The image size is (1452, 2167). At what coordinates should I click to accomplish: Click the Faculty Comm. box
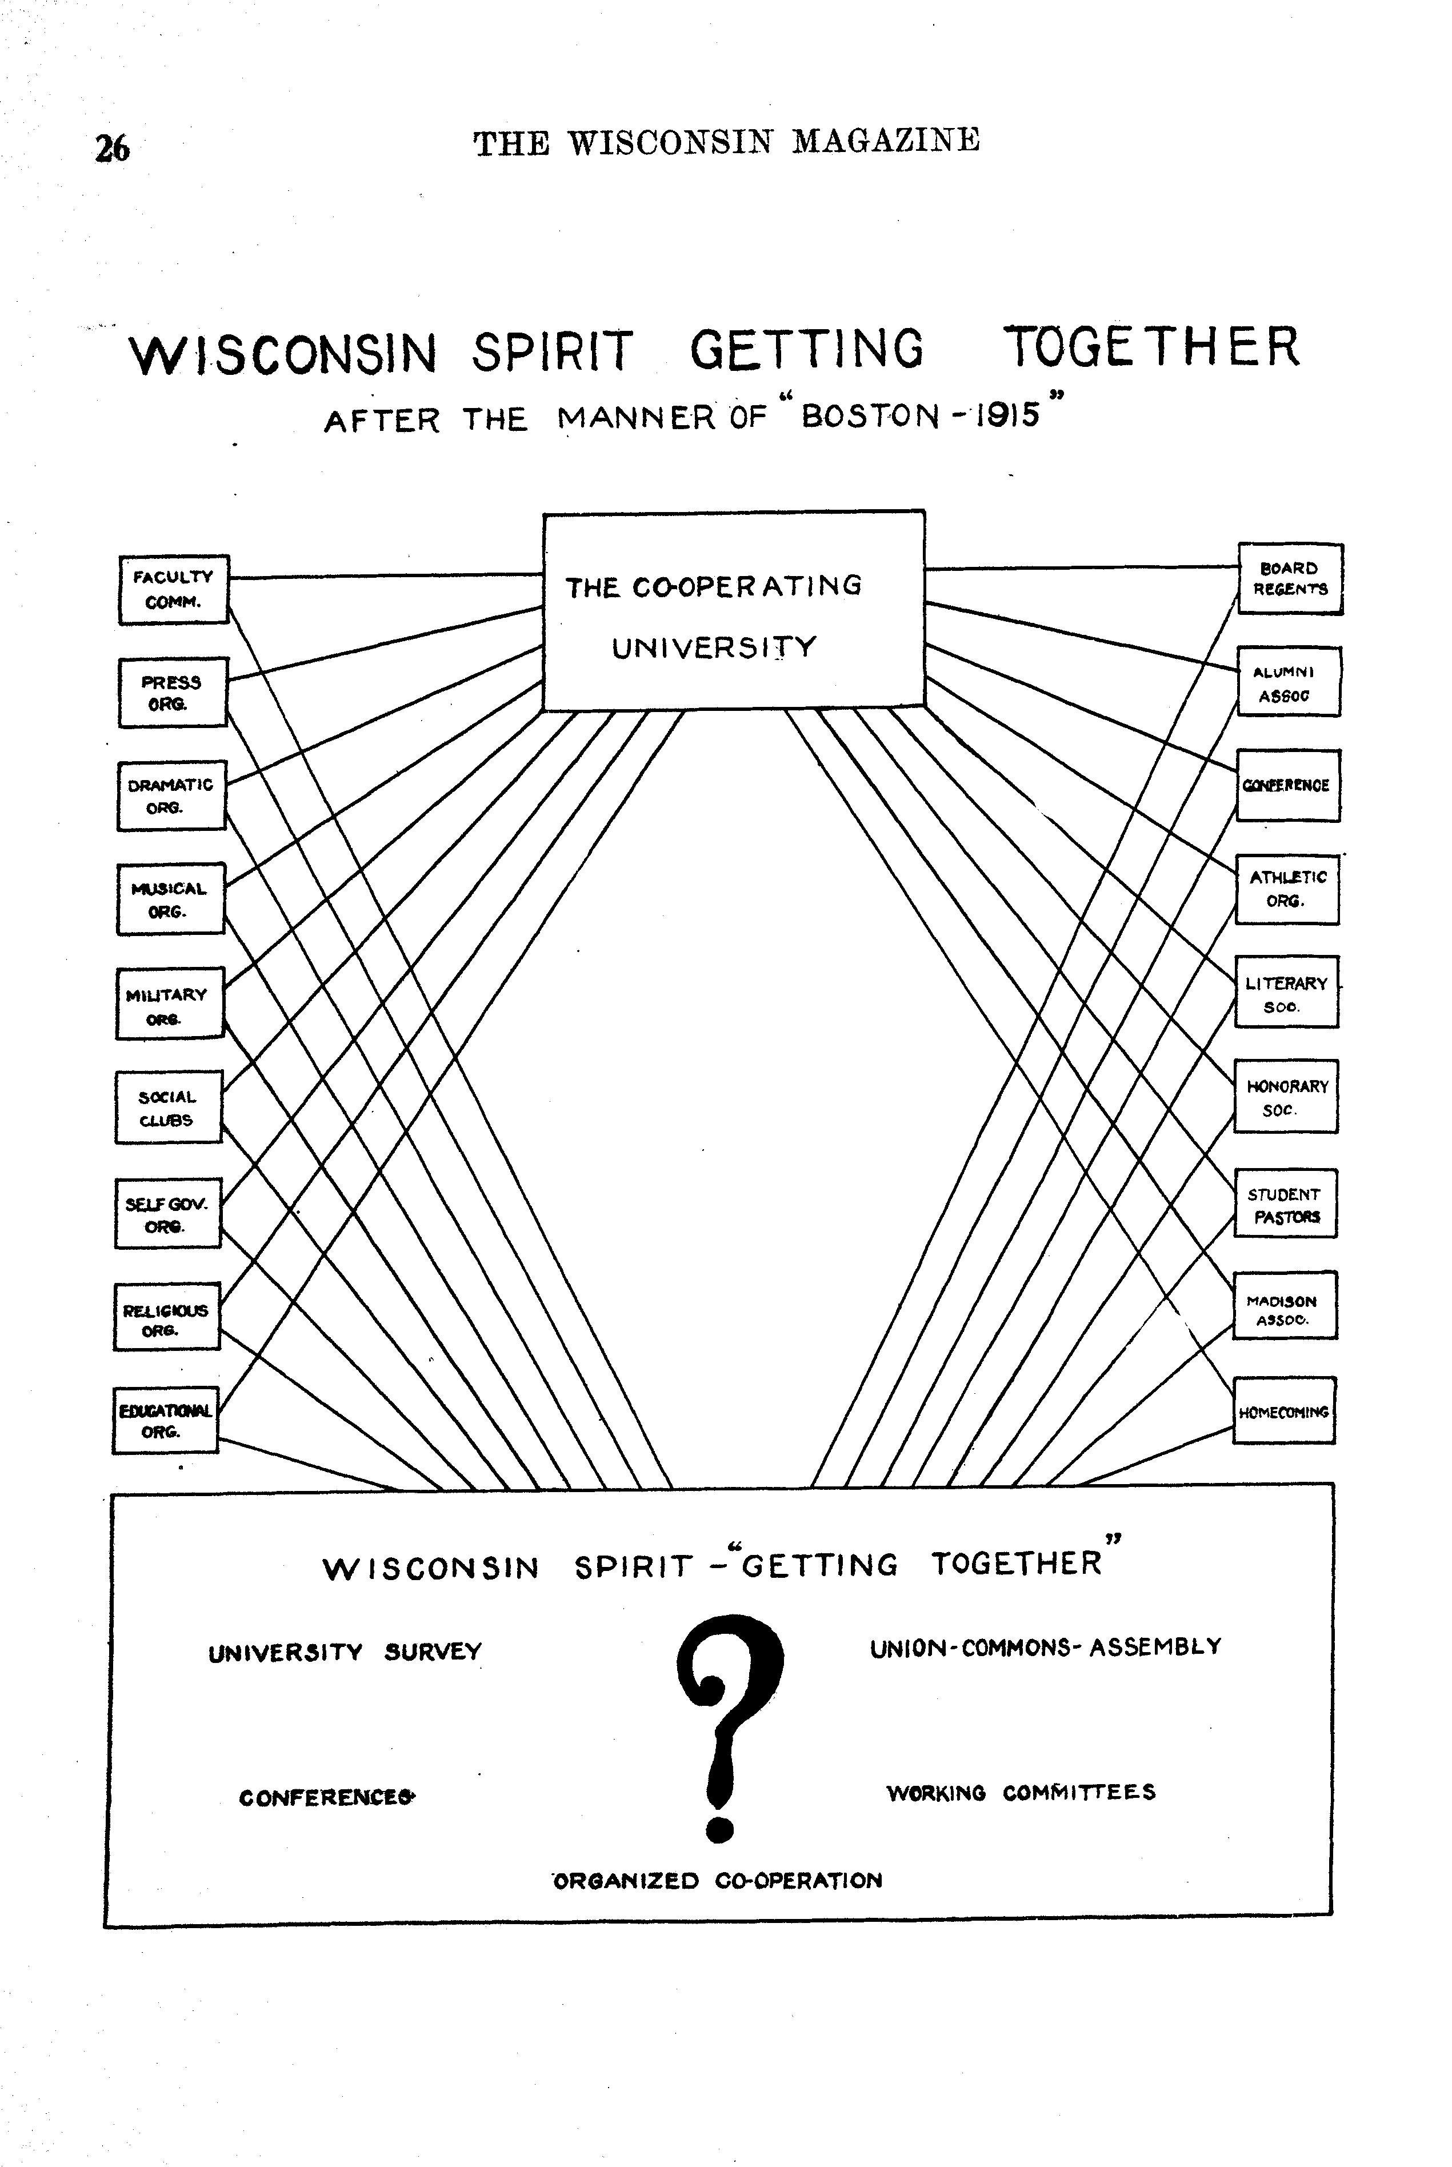click(173, 590)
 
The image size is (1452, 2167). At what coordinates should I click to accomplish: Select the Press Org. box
click(172, 693)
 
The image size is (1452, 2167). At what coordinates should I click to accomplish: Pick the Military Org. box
click(170, 1005)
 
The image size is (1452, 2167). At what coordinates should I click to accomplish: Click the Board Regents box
click(1290, 579)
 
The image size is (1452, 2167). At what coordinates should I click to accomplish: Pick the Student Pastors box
click(1285, 1204)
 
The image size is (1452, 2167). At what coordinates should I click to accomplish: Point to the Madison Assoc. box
click(1285, 1308)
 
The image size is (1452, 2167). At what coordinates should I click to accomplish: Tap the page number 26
click(112, 148)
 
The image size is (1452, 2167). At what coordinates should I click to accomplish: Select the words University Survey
click(345, 1653)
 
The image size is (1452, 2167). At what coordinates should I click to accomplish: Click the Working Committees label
click(1021, 1792)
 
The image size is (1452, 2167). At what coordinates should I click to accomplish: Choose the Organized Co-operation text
click(718, 1881)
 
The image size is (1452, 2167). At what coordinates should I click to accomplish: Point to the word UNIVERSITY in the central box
click(714, 647)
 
